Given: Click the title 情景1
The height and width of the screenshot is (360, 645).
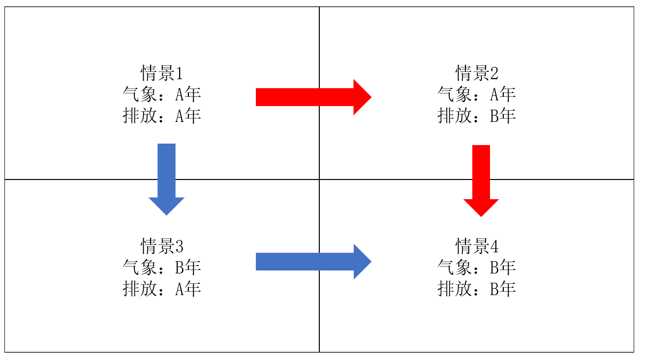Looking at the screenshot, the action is click(162, 73).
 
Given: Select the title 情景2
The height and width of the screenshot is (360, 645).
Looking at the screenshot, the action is click(477, 73).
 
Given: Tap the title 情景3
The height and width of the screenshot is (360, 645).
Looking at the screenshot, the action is click(162, 246).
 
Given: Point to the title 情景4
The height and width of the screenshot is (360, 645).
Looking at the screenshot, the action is click(477, 246).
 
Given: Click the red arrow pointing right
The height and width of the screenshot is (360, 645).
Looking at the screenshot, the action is click(313, 97).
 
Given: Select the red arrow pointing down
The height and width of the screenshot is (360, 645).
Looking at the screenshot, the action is click(481, 180).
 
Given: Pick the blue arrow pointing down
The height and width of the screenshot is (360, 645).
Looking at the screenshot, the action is click(166, 180).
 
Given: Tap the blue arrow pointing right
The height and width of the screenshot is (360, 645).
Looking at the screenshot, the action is click(313, 262).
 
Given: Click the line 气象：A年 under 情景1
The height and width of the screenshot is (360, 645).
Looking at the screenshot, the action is click(162, 94).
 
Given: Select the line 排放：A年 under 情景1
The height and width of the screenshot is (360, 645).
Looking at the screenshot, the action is click(162, 116).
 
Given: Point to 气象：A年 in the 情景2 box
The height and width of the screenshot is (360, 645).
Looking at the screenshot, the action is click(477, 94).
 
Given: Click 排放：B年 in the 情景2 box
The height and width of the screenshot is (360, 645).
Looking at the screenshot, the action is click(477, 116).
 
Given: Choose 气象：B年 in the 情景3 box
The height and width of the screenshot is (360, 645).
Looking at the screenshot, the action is click(162, 268).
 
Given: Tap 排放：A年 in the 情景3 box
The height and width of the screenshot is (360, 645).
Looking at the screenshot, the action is click(162, 289).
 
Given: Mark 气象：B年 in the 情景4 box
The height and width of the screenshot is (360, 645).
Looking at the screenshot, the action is click(477, 268).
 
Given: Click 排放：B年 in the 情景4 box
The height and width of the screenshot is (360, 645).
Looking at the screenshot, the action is click(477, 289).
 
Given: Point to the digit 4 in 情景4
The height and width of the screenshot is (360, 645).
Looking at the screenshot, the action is click(494, 246).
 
